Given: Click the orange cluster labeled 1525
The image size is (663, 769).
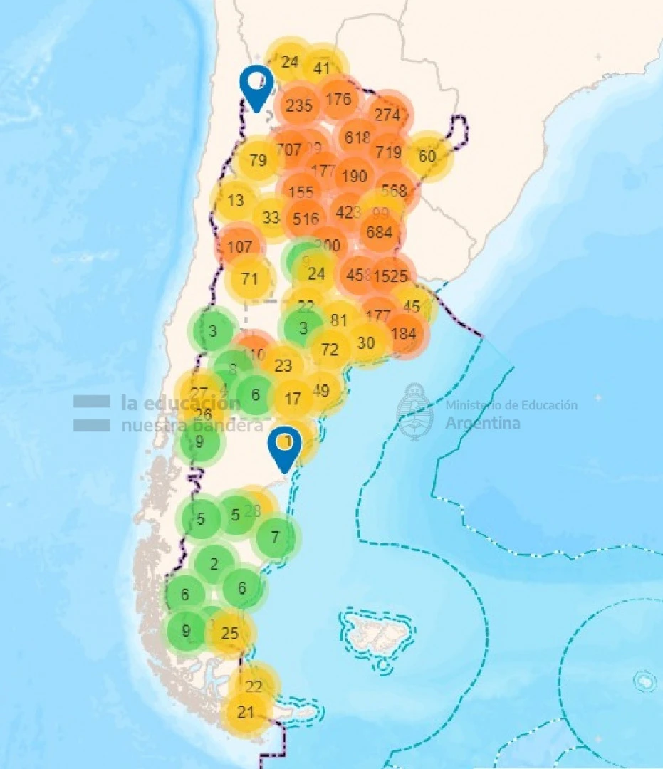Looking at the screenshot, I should pos(390,275).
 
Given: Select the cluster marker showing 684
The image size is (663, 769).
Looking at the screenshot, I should pos(380,232).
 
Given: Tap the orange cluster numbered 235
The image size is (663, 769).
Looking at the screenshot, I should pos(299,105).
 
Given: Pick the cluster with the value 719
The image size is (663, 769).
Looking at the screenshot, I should pos(389,152).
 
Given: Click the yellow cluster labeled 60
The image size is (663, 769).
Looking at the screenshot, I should pos(427,155).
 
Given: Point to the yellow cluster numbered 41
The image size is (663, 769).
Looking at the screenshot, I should pos(322,68).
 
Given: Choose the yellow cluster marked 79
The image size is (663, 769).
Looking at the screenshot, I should pos(257,159).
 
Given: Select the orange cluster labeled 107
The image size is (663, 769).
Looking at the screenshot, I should pos(240,248).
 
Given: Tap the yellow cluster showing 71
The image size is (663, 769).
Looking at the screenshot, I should pos(249,278).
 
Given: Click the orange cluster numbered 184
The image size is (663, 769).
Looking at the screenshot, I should pos(404,333).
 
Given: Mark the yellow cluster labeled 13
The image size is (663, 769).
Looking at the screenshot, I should pos(235,200).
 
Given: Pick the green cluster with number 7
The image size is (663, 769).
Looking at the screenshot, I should pos(276,536).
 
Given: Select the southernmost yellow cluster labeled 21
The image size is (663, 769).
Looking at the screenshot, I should pos(246,712).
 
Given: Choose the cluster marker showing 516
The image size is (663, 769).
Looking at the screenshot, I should pos(306,219).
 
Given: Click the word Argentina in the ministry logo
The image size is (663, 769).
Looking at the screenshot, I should pos(482,423).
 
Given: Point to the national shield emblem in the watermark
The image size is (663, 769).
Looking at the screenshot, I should pos(415,412).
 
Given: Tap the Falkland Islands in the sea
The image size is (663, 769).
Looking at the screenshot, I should pos(374,629).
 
